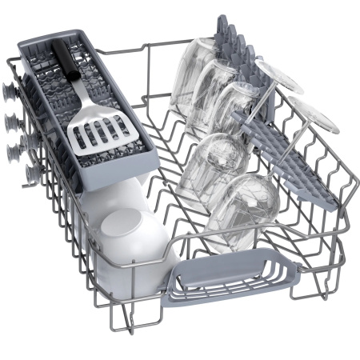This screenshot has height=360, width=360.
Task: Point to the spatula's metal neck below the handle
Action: (x=79, y=94)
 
